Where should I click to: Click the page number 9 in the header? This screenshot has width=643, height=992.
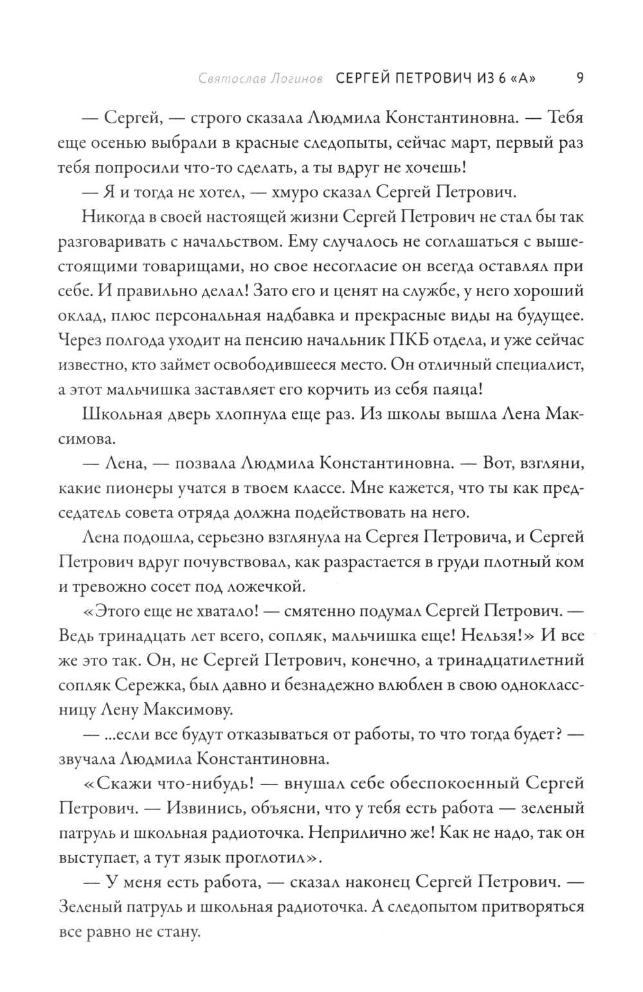click(x=579, y=79)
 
